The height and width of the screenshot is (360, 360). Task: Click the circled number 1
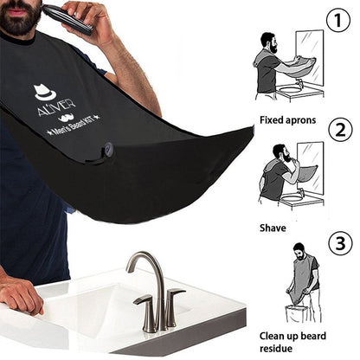point(338,20)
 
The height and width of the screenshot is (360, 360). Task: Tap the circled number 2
point(340,131)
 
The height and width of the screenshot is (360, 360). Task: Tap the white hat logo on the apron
point(44,92)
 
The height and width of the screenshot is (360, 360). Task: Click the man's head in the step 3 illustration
point(299,251)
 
